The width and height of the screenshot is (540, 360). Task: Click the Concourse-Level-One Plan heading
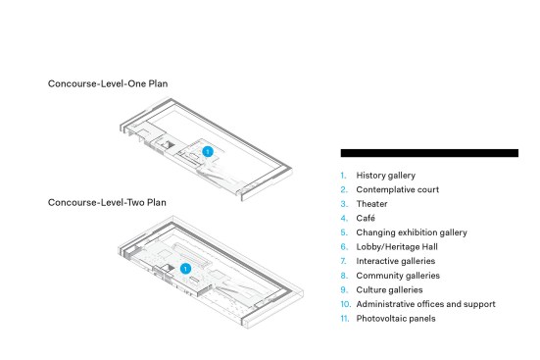point(108,83)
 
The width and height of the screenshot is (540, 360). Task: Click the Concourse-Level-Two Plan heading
point(107,202)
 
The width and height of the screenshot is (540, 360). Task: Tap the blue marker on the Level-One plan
point(208,152)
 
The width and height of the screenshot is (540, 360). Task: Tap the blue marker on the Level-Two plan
point(185,269)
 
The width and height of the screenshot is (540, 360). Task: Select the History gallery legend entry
point(386,176)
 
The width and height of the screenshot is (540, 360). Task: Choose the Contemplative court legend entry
point(398,189)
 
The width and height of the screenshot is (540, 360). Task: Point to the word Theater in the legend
point(372,204)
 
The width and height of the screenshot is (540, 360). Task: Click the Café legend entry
point(366,218)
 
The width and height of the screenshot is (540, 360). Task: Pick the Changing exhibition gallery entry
point(412,232)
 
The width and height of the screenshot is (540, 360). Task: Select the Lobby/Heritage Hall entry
point(397,247)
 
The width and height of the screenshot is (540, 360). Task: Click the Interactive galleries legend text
point(396,261)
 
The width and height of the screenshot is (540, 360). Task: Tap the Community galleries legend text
point(398,276)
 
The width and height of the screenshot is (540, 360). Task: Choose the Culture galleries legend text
point(389,290)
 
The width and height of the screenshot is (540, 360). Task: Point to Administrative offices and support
point(426,304)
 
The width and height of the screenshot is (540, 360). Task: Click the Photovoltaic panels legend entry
point(396,319)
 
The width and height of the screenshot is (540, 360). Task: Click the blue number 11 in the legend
point(345,319)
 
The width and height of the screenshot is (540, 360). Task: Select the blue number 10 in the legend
point(346,304)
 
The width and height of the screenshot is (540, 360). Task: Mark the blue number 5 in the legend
point(344,232)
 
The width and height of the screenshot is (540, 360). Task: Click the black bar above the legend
point(429,153)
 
